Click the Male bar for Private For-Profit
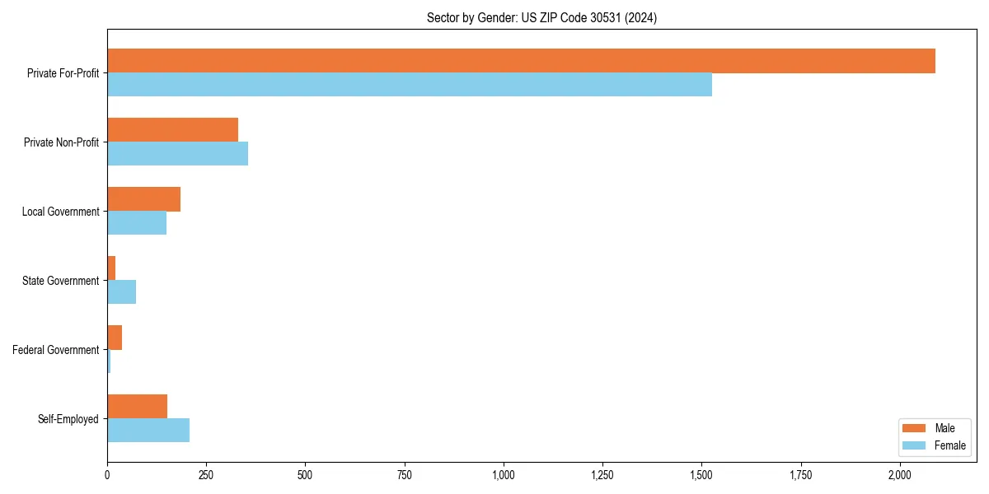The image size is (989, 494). pyautogui.click(x=521, y=61)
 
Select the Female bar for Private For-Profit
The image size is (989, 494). pyautogui.click(x=410, y=85)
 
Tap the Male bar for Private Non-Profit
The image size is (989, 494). pyautogui.click(x=173, y=130)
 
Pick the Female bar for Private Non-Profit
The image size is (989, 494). pyautogui.click(x=178, y=154)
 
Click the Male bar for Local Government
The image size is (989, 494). pyautogui.click(x=144, y=199)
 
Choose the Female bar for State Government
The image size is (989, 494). pyautogui.click(x=122, y=292)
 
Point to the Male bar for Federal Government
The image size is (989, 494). pyautogui.click(x=115, y=338)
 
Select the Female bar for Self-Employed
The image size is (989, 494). pyautogui.click(x=148, y=431)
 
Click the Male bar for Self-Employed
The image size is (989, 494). pyautogui.click(x=138, y=407)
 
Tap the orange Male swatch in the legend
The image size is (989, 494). pyautogui.click(x=915, y=428)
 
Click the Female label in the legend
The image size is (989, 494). pyautogui.click(x=950, y=445)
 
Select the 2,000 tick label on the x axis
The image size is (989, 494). pyautogui.click(x=900, y=475)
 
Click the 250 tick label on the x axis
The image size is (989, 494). pyautogui.click(x=206, y=475)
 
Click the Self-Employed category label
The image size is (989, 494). pyautogui.click(x=68, y=419)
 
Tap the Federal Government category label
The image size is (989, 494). pyautogui.click(x=56, y=350)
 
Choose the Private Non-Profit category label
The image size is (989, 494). pyautogui.click(x=61, y=142)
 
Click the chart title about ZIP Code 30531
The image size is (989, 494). pyautogui.click(x=541, y=18)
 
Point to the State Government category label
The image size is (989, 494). pyautogui.click(x=61, y=281)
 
